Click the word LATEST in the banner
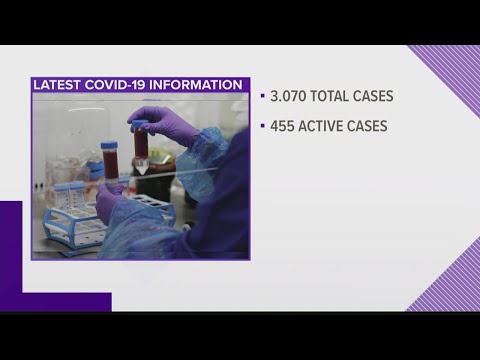[x=58, y=84]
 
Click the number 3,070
[x=289, y=97]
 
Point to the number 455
[x=283, y=127]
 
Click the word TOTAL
[x=335, y=97]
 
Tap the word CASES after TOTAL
[x=386, y=97]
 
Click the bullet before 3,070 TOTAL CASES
[x=262, y=97]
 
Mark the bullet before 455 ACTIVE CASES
[x=262, y=127]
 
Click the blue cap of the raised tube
[x=139, y=124]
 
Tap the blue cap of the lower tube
[x=109, y=146]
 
